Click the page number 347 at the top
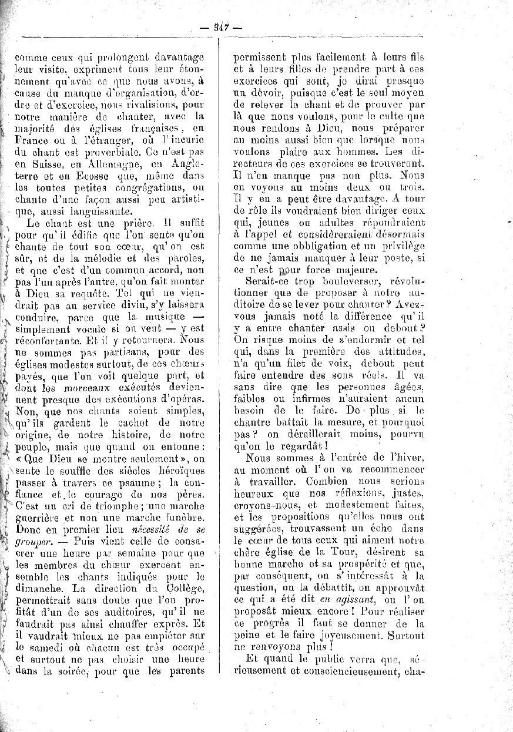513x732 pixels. [221, 26]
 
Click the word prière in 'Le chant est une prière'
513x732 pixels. [132, 223]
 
